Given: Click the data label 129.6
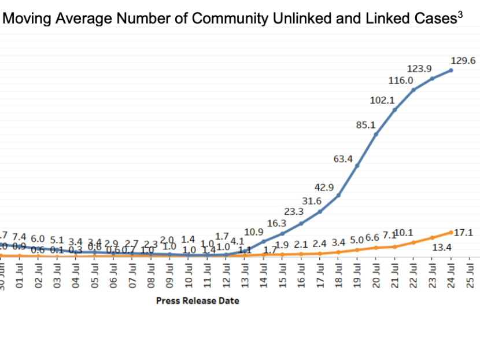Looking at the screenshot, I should tap(463, 60).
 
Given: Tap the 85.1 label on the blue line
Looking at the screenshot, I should tap(365, 124).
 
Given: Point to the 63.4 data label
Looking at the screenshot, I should tap(343, 158).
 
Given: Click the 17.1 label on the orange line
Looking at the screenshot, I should tap(464, 233).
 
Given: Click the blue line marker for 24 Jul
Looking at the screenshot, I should tap(451, 70).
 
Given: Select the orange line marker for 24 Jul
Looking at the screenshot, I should tap(451, 232).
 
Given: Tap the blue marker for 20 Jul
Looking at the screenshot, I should tap(376, 134).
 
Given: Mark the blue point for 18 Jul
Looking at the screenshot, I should tap(338, 195).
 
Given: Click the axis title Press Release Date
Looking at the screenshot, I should tap(197, 300).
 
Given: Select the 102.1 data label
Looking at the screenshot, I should tap(382, 100).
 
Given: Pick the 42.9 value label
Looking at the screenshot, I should tap(324, 187).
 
